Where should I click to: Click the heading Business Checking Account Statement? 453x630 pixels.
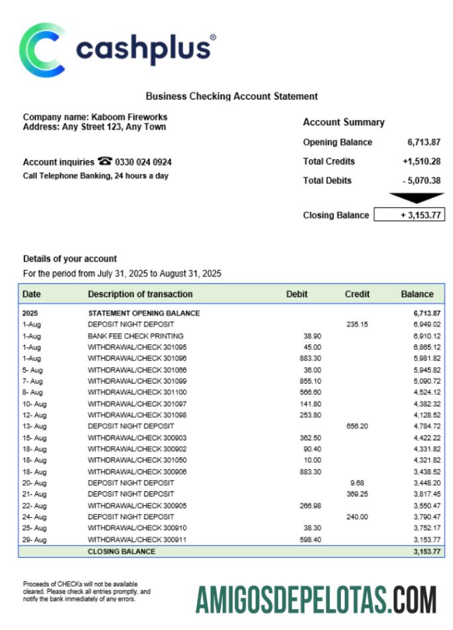(x=231, y=96)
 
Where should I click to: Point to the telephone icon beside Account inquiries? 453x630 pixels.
(x=105, y=161)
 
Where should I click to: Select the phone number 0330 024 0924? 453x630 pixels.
(x=144, y=162)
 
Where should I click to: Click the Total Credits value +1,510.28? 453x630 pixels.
(x=421, y=161)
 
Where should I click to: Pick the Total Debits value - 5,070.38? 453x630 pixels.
(x=421, y=181)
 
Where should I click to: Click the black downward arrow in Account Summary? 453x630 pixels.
(x=416, y=198)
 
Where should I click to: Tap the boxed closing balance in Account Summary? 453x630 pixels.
(x=409, y=215)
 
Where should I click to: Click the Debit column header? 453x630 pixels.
(x=296, y=294)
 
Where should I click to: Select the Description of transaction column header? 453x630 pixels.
(x=140, y=294)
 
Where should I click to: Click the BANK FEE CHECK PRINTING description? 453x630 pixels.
(x=135, y=336)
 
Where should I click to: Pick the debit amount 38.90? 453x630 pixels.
(x=312, y=336)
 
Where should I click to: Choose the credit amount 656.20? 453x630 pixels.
(x=357, y=426)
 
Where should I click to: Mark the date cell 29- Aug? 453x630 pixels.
(x=34, y=540)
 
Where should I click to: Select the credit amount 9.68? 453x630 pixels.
(x=357, y=483)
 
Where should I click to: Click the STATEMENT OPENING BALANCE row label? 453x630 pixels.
(x=144, y=313)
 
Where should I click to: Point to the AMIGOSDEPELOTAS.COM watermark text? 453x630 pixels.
(x=316, y=599)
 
